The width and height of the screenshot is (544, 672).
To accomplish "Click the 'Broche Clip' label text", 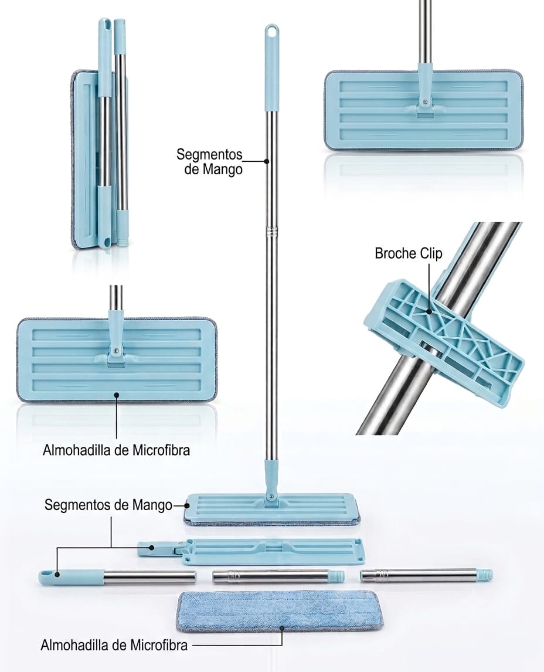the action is (x=408, y=253).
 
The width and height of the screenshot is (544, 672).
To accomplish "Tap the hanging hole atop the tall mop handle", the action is (x=271, y=31).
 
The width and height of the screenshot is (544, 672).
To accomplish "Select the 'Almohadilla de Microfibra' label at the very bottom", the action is (x=114, y=645).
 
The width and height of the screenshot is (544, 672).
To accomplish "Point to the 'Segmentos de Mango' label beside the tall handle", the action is (x=209, y=162).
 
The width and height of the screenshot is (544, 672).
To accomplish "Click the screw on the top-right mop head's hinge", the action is (x=424, y=101).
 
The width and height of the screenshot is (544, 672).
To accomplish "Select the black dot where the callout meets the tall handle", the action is (x=267, y=162).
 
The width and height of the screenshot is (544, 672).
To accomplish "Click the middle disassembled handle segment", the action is (x=278, y=576).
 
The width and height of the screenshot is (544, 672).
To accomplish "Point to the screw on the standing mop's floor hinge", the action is (x=271, y=496).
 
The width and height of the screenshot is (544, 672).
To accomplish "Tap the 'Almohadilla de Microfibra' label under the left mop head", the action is (x=116, y=450).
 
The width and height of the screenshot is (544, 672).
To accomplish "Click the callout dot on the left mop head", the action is (x=117, y=395).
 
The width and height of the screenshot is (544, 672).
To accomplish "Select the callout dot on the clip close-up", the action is (x=430, y=311).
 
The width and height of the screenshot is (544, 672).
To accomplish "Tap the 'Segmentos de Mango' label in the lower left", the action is (x=108, y=505).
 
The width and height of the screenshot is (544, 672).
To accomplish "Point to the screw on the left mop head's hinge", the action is (x=115, y=350).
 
